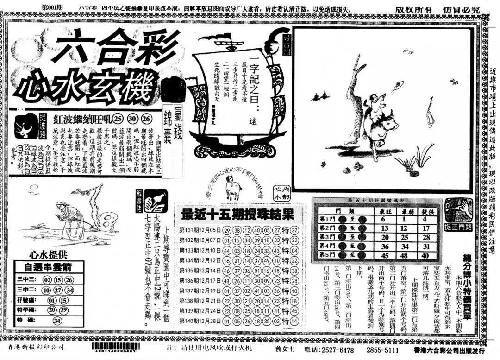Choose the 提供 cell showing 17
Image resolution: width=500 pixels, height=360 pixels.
coord(426,228)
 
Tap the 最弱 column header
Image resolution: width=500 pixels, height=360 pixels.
coord(405,211)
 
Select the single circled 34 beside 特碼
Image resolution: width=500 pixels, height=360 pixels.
coord(57,320)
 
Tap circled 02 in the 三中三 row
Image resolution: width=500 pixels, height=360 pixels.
coord(47,280)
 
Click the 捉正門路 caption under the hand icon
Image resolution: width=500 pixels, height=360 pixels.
coord(458,227)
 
